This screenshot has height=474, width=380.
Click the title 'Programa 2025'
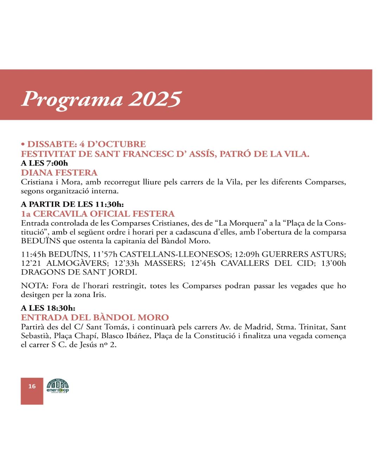(x=101, y=99)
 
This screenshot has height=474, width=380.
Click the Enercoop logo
(x=58, y=386)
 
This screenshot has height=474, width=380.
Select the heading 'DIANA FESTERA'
(x=59, y=172)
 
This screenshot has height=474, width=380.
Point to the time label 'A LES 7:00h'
(x=44, y=163)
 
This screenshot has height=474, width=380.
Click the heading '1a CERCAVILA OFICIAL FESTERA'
(x=98, y=213)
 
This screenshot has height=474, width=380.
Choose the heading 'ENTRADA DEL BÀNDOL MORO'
(x=95, y=317)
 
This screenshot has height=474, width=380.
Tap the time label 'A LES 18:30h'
(x=48, y=308)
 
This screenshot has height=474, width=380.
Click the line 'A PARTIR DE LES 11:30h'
(x=72, y=204)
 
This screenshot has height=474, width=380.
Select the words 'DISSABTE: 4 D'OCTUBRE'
(x=86, y=144)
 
